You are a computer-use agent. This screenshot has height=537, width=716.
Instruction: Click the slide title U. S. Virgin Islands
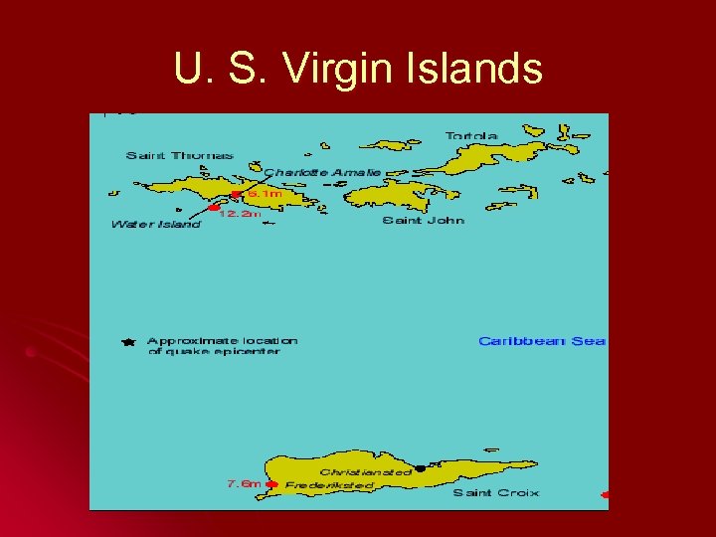(358, 70)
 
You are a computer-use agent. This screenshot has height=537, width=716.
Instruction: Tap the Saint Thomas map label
(180, 155)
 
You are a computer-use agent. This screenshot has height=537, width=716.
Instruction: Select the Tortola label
(471, 136)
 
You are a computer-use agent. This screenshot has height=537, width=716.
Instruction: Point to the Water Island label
(155, 224)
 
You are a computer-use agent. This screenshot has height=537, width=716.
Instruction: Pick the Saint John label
(424, 221)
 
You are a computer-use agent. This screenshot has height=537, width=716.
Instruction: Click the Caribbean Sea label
(542, 341)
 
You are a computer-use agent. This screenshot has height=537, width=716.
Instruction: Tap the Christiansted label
(365, 472)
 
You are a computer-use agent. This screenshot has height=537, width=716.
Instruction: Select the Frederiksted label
(329, 485)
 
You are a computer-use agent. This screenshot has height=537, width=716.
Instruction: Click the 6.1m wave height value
(265, 194)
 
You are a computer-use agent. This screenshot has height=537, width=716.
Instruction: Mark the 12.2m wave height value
(241, 214)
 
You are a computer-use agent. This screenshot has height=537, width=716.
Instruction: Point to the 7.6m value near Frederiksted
(244, 484)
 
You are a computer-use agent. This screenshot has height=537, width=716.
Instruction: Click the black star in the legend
(127, 342)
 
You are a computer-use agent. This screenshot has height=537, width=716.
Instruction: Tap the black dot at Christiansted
(420, 467)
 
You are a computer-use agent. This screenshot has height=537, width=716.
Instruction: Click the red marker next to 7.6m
(271, 485)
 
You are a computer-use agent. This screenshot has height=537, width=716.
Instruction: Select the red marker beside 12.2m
(214, 208)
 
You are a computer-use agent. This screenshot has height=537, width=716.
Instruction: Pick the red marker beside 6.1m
(236, 194)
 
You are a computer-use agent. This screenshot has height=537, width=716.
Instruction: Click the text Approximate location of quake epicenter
(222, 346)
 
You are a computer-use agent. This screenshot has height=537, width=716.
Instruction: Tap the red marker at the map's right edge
(605, 494)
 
